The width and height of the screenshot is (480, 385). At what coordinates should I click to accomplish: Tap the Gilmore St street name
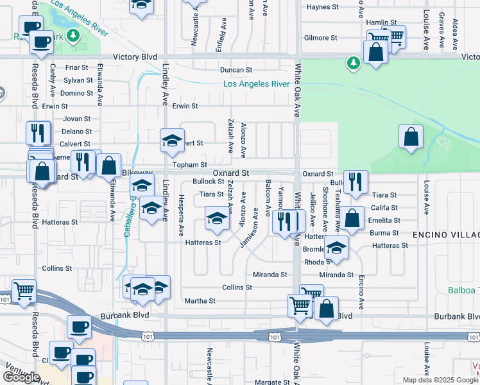click(321, 38)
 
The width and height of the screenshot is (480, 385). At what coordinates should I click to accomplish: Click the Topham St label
click(189, 165)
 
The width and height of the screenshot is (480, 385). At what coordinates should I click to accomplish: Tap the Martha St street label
click(200, 301)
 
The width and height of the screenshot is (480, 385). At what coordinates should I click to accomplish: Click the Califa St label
click(385, 208)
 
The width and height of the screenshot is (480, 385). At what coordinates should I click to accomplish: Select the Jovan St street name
click(77, 119)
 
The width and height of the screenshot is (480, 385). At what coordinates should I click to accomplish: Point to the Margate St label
click(272, 382)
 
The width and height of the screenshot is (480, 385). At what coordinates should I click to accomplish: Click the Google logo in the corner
click(21, 377)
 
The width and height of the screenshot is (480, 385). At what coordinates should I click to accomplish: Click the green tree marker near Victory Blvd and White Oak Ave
click(352, 63)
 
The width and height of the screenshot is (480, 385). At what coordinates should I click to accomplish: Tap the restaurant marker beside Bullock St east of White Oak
click(355, 182)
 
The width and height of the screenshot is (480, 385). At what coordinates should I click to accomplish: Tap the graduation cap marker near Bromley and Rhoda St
click(336, 247)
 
